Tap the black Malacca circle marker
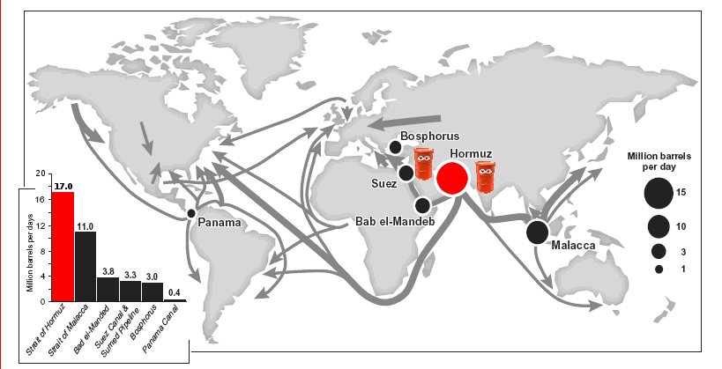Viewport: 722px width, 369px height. point(537,232)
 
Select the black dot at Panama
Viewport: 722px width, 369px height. point(190,214)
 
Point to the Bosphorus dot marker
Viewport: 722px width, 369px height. point(393,148)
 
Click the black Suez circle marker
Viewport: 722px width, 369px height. point(406,173)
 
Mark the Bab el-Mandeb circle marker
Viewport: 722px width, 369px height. point(422,205)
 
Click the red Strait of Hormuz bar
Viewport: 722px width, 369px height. point(63,247)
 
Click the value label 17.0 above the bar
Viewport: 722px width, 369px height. point(63,186)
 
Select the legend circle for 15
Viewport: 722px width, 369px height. point(658,191)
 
